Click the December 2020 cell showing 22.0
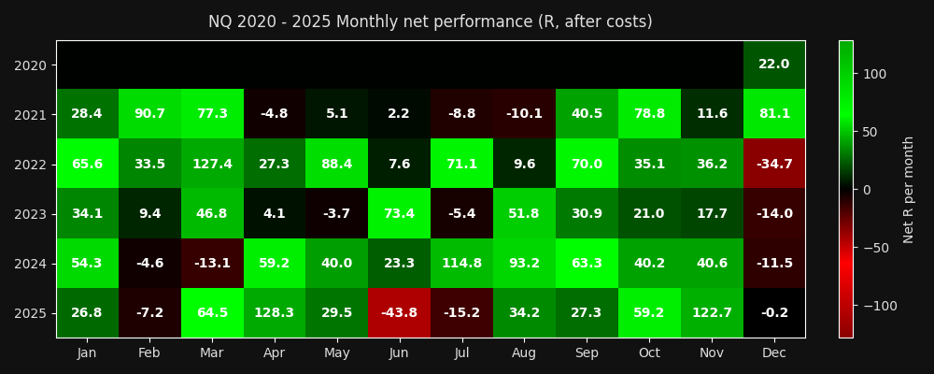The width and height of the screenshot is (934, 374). click(x=773, y=65)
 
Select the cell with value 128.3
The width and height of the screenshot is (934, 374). click(x=274, y=312)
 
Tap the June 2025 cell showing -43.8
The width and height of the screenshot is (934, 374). click(x=399, y=312)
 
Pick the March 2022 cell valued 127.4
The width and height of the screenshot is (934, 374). click(x=212, y=164)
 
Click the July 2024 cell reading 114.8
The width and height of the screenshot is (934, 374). click(x=461, y=263)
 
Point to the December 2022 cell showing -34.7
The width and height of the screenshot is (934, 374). click(x=773, y=164)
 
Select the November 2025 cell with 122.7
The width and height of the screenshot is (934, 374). click(x=711, y=312)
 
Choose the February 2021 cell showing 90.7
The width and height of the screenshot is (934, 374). click(x=149, y=114)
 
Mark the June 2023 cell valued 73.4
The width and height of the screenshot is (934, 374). click(x=399, y=213)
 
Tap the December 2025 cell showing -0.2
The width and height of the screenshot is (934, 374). click(x=773, y=312)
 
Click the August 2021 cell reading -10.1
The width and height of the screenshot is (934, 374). click(x=524, y=114)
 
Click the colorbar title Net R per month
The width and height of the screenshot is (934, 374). click(x=909, y=189)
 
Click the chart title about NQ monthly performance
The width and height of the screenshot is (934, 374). click(x=430, y=22)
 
